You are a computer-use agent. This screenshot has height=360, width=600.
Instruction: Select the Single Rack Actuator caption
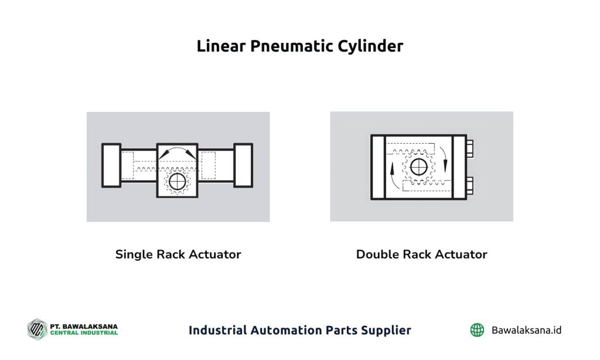click(x=178, y=254)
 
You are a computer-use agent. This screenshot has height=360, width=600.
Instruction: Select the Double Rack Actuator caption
click(x=422, y=254)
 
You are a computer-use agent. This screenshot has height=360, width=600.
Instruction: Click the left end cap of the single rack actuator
click(x=111, y=165)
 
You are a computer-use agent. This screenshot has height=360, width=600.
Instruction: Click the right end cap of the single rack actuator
click(x=243, y=165)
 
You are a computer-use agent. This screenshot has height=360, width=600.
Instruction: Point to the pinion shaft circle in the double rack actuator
click(x=418, y=167)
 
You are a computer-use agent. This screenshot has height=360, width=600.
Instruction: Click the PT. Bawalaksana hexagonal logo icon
click(x=37, y=329)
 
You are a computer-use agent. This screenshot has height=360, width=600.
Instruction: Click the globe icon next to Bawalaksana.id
click(x=477, y=330)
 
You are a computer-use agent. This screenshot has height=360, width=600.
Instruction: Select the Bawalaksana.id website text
click(x=527, y=330)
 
